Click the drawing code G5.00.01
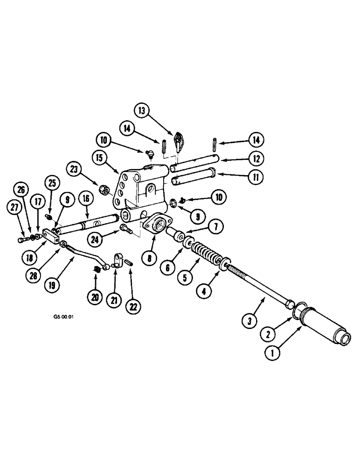point(64,315)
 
